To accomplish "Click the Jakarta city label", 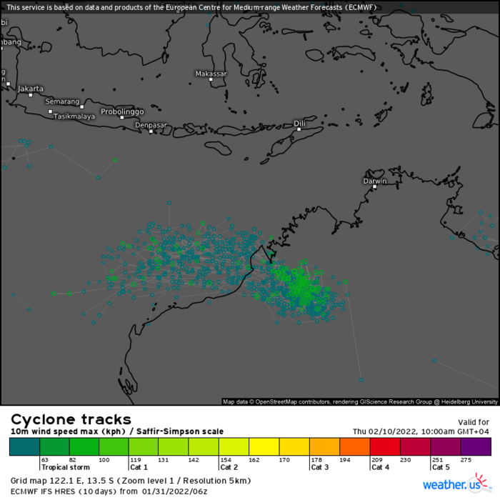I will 31,89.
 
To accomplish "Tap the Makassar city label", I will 211,74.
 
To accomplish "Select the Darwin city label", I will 375,181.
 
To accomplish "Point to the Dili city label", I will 299,124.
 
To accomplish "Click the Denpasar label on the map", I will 151,125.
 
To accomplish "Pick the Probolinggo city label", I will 122,111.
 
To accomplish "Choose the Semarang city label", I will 62,101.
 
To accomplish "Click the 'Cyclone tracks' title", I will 70,419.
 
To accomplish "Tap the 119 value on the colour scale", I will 134,460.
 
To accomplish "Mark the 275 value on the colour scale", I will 467,460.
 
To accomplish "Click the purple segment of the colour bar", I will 476,446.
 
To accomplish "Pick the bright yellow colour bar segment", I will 264,446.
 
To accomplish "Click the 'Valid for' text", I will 473,422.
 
